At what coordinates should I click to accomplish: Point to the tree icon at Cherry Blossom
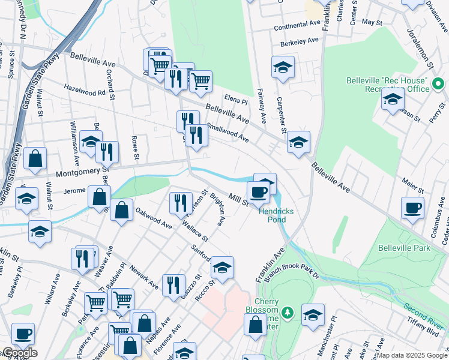pyautogui.click(x=288, y=312)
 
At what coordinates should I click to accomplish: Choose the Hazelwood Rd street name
pyautogui.click(x=85, y=92)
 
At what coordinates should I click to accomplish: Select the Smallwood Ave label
pyautogui.click(x=228, y=133)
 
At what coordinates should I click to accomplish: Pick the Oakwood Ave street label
pyautogui.click(x=154, y=218)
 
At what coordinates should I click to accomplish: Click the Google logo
pyautogui.click(x=19, y=353)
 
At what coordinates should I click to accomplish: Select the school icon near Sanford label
pyautogui.click(x=222, y=267)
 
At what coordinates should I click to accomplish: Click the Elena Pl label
pyautogui.click(x=236, y=102)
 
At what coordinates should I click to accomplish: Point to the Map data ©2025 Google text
pyautogui.click(x=412, y=355)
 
